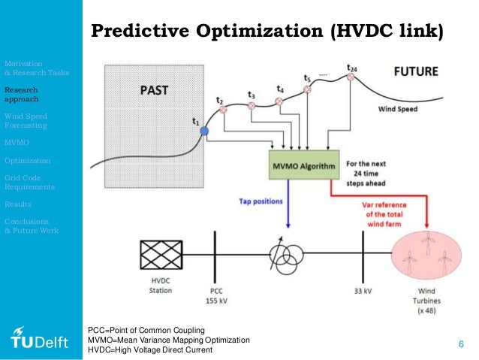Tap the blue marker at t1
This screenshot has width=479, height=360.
coord(203,132)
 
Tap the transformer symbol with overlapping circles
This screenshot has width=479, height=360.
coord(283,256)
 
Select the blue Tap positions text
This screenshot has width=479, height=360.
coord(261,201)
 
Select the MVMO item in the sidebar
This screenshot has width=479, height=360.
coord(16,143)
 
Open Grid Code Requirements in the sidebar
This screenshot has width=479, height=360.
coord(27,182)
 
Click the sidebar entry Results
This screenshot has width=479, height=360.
coord(18,204)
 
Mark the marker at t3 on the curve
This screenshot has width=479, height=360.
coord(252,106)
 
